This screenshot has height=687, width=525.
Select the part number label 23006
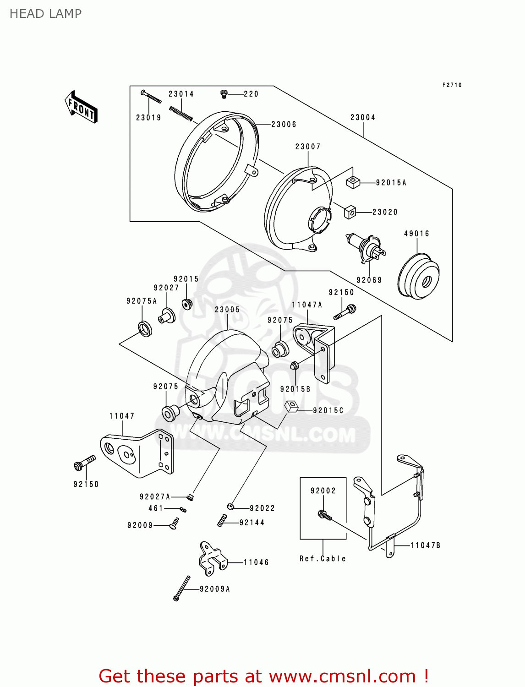click(x=284, y=125)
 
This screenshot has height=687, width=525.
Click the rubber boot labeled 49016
click(x=419, y=276)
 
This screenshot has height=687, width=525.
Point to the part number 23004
click(x=363, y=118)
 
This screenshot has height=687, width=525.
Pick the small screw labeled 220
click(x=224, y=94)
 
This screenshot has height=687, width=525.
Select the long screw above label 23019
click(x=151, y=97)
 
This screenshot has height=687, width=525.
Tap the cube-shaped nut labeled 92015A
click(x=352, y=182)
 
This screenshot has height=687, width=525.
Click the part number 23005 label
click(x=227, y=310)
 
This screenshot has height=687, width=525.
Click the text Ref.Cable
click(x=323, y=559)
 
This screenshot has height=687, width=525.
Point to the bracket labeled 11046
click(x=212, y=558)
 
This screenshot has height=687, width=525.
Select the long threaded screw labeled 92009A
click(x=182, y=588)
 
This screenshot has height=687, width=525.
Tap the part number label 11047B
click(x=425, y=545)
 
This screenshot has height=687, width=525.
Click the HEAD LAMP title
click(x=45, y=14)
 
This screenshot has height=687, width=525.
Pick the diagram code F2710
click(x=452, y=85)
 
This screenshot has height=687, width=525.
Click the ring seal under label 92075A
click(x=145, y=328)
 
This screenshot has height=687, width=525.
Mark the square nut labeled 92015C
click(x=291, y=406)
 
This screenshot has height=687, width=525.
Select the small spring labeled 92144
click(x=222, y=520)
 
